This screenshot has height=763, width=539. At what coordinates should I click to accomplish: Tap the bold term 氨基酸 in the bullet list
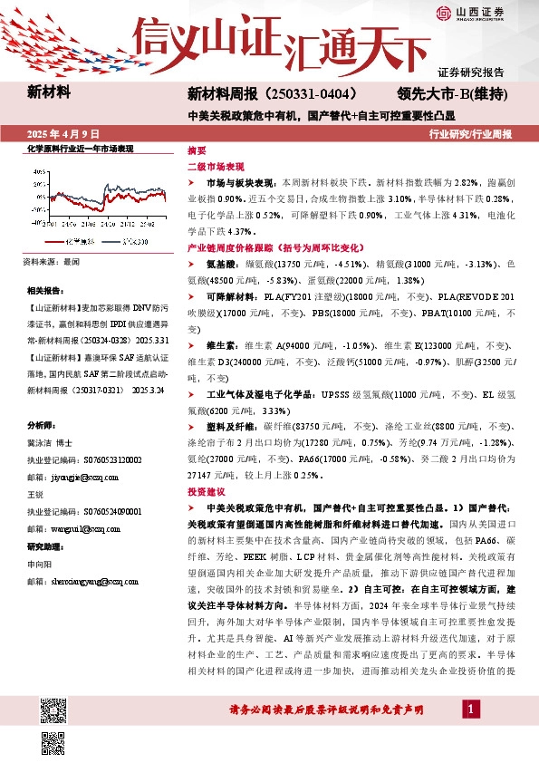[221, 263]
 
